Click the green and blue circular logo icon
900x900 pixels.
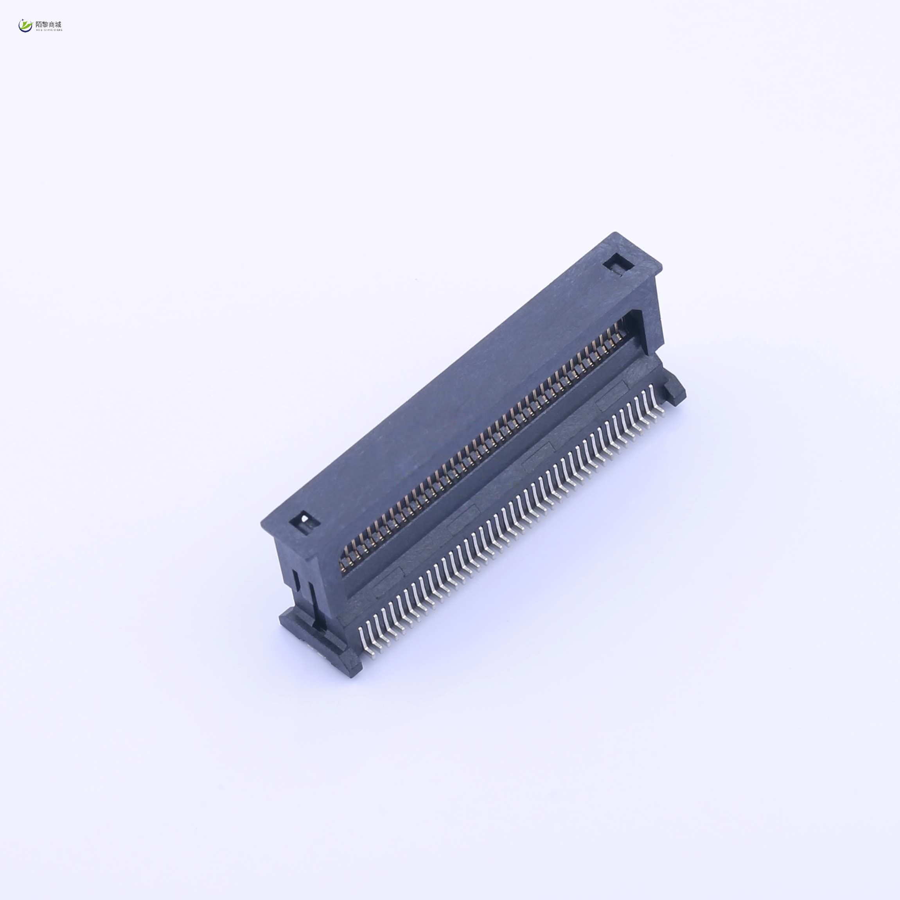pyautogui.click(x=25, y=26)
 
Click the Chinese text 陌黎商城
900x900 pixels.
pyautogui.click(x=49, y=24)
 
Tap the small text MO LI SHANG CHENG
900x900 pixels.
pyautogui.click(x=49, y=30)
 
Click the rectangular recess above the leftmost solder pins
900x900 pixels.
pyautogui.click(x=388, y=581)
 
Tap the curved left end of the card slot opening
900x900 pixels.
pyautogui.click(x=344, y=554)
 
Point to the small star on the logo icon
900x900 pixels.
pyautogui.click(x=22, y=20)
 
